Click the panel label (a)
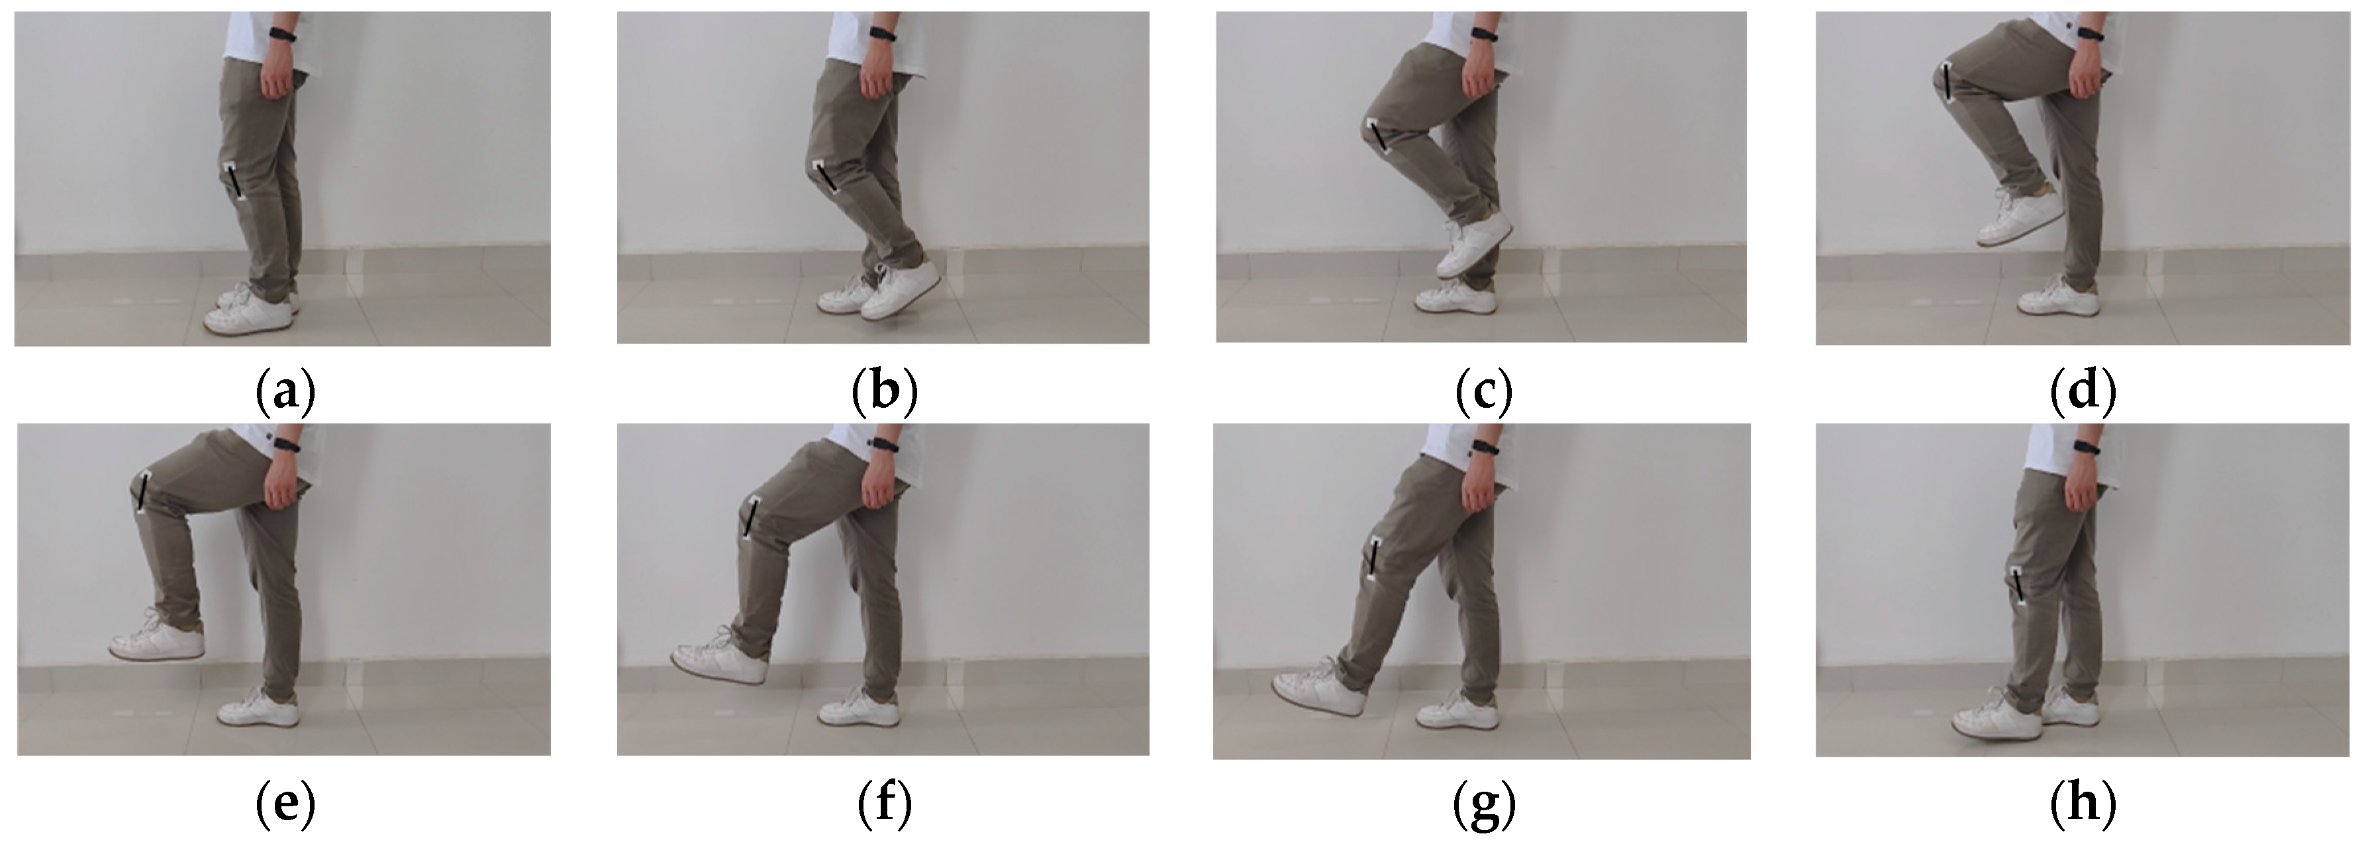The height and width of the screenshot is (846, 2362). point(284,393)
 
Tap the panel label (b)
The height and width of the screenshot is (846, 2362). point(884,393)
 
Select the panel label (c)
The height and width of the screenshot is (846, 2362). point(1483,393)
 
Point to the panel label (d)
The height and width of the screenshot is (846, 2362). point(2083,393)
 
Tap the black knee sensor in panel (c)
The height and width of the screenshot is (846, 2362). point(1380,138)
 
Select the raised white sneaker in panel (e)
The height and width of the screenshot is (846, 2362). point(157,637)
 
